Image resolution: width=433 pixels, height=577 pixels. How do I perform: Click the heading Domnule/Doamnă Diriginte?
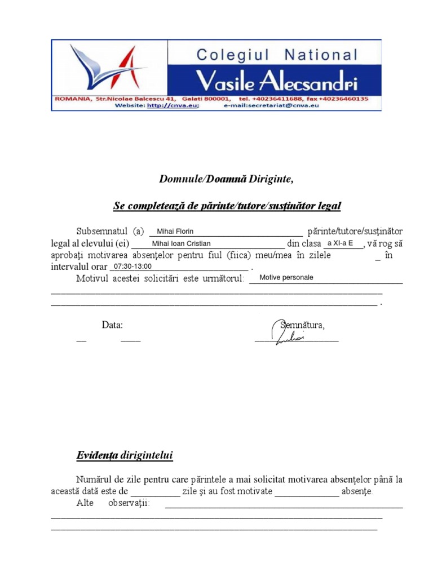point(226,179)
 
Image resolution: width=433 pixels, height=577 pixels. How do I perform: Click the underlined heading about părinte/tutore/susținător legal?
point(227,206)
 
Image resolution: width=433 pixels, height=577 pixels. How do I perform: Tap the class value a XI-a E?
point(340,243)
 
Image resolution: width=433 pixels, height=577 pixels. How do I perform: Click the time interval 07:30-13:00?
point(132,266)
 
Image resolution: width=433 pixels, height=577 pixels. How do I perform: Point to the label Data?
point(112,325)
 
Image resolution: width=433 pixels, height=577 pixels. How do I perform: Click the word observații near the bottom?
point(129,503)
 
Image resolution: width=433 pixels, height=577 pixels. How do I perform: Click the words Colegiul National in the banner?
point(276,55)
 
